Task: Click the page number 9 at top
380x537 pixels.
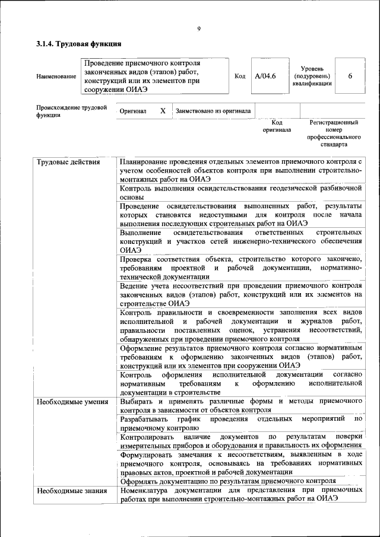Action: click(x=199, y=29)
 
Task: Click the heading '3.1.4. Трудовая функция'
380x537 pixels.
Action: click(x=79, y=44)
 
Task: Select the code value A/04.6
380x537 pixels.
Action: click(x=265, y=76)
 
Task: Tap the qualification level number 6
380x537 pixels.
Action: click(x=350, y=76)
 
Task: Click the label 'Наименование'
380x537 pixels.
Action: click(x=56, y=77)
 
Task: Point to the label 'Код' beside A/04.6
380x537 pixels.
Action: click(x=240, y=76)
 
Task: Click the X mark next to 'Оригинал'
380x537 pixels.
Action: click(x=163, y=111)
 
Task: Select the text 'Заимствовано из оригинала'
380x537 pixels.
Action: click(x=213, y=111)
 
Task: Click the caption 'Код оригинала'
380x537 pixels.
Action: click(x=277, y=126)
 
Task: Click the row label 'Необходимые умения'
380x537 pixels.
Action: click(x=71, y=402)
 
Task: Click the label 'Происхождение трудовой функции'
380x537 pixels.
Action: click(x=71, y=112)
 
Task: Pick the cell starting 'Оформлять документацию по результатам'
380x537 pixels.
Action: click(x=228, y=481)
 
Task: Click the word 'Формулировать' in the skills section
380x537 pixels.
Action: click(x=148, y=454)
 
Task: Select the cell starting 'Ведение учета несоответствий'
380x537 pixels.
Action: click(x=240, y=294)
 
